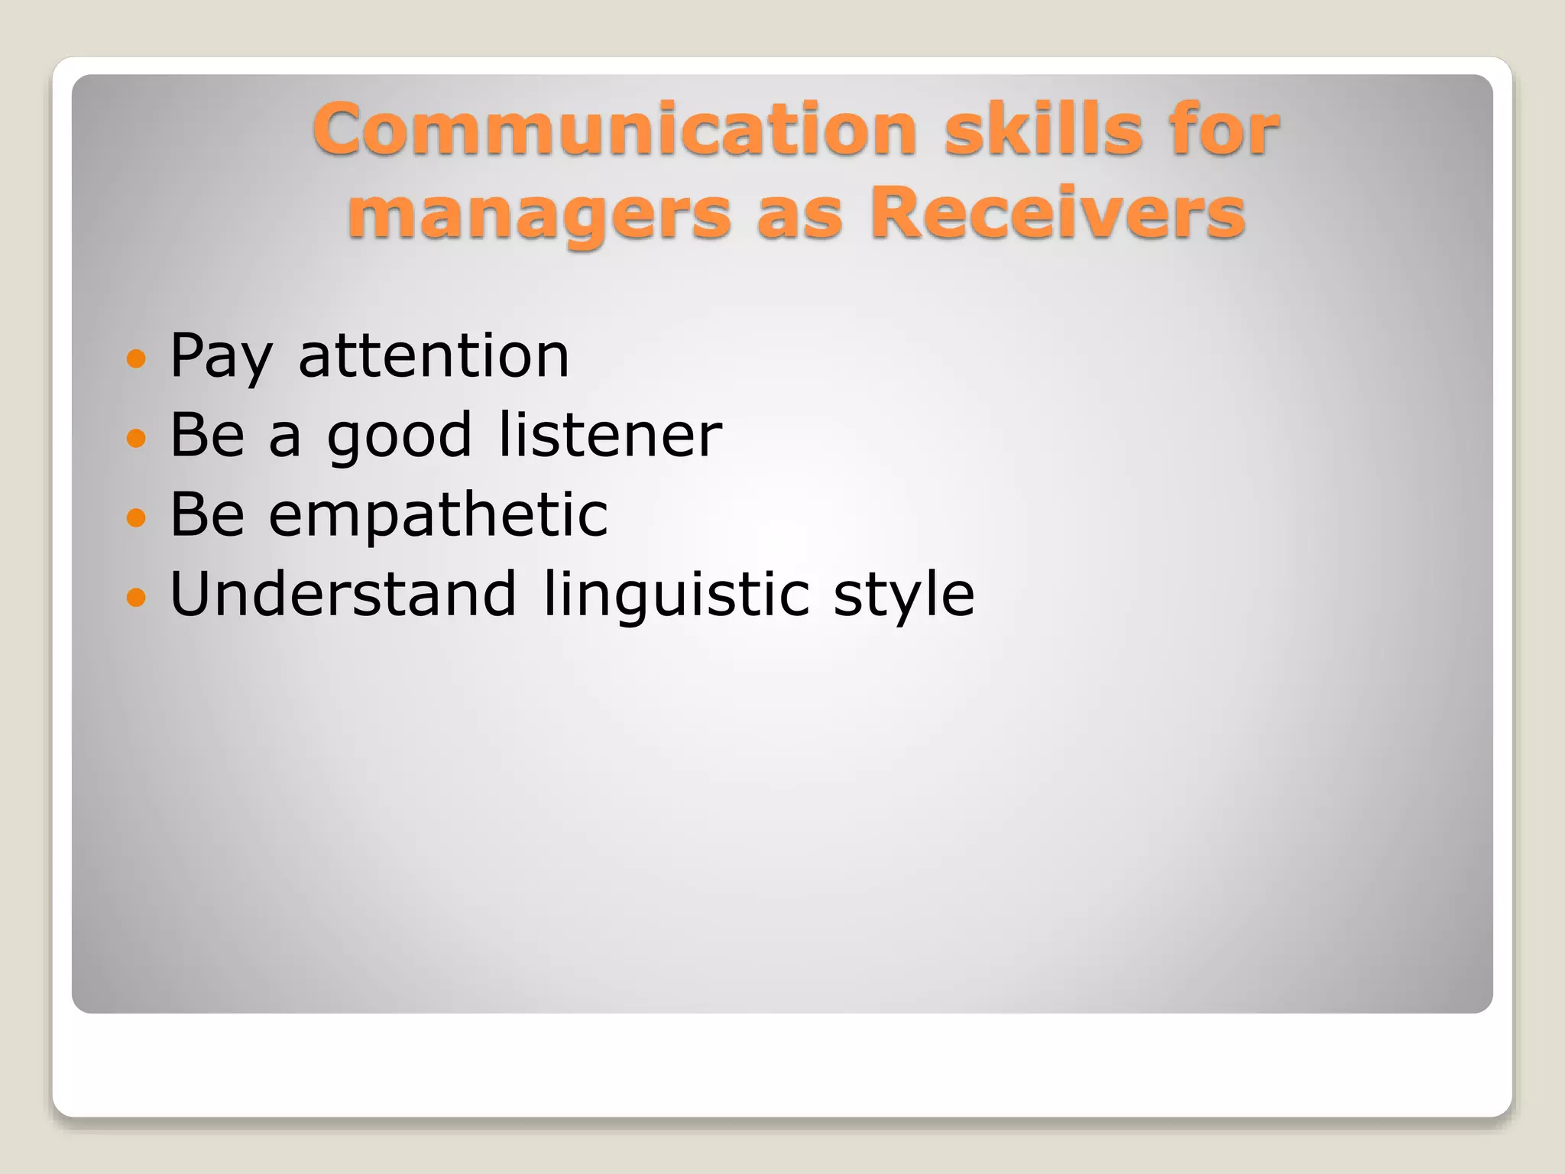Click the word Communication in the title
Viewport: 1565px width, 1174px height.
614,129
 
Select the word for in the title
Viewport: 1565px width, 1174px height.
1225,129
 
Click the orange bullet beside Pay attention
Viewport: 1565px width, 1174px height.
136,358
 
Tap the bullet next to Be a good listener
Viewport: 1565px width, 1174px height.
136,437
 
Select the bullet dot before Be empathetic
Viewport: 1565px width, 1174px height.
136,517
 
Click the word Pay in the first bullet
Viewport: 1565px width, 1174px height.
221,357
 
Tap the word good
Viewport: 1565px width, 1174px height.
399,437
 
